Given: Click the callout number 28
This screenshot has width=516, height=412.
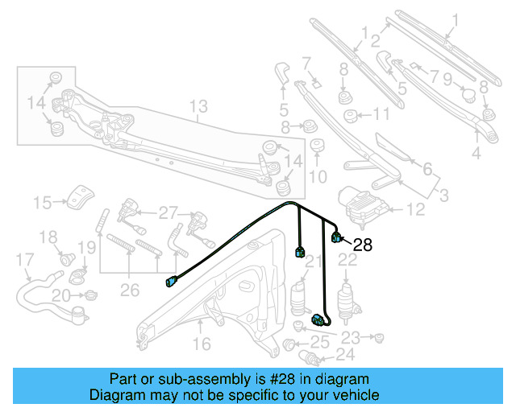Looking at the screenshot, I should (x=363, y=245).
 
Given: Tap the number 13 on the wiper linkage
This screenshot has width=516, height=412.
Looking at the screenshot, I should (x=198, y=106).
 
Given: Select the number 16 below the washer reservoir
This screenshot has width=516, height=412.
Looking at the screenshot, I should (x=201, y=344).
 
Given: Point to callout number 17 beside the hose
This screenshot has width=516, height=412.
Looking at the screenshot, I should (x=25, y=260).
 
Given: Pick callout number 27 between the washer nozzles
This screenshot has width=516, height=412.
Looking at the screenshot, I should (x=167, y=213).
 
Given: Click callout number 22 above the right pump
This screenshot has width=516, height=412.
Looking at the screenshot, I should (x=347, y=259).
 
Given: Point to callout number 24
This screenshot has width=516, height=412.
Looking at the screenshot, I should (x=345, y=353).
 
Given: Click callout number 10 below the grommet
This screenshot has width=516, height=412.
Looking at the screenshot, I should (x=318, y=176).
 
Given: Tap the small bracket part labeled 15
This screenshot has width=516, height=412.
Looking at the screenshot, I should (x=78, y=196).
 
